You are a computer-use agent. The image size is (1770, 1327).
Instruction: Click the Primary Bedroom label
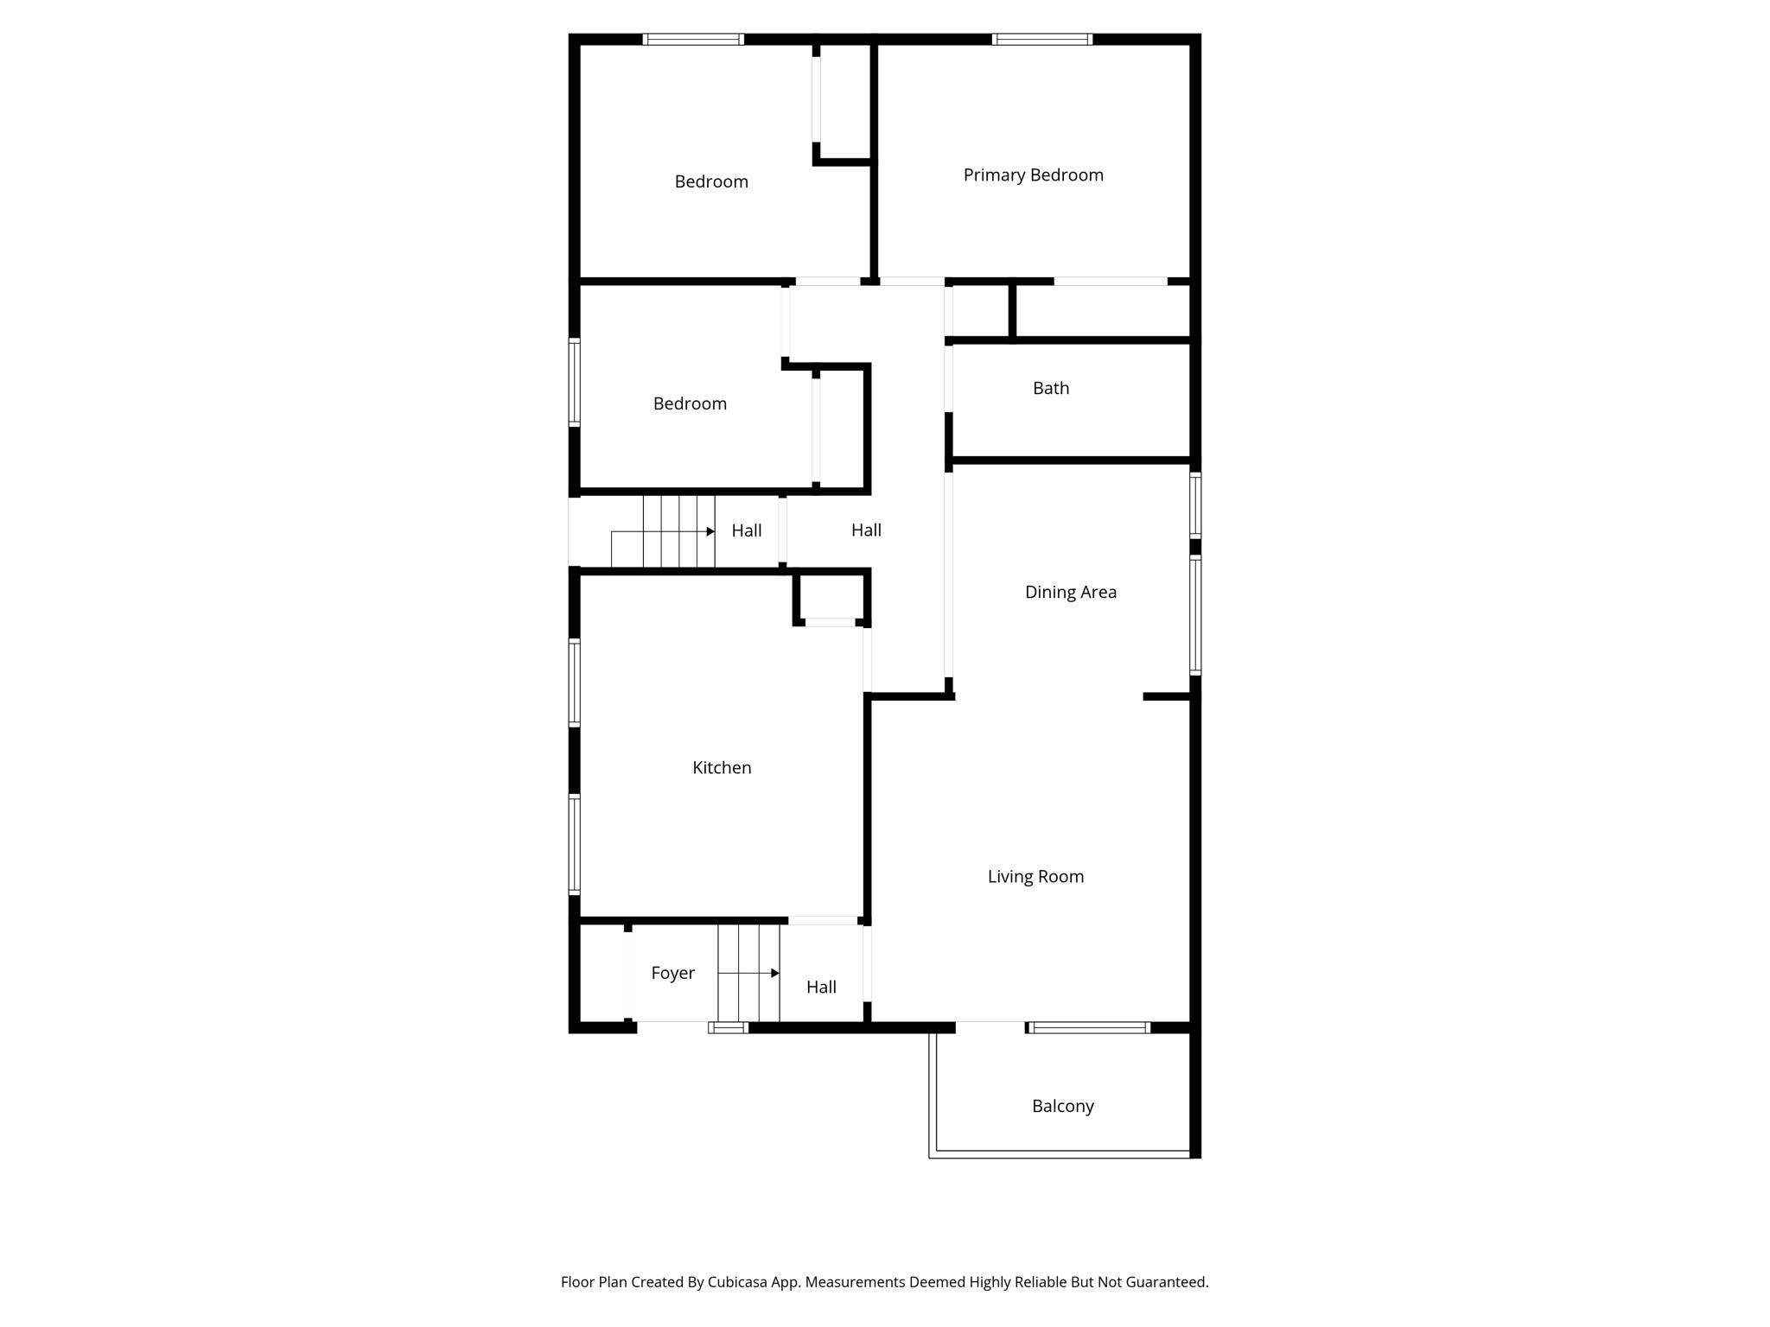pos(1033,175)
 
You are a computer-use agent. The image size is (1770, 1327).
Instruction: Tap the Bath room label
pos(1051,388)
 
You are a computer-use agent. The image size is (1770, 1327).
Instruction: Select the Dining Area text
pos(1071,593)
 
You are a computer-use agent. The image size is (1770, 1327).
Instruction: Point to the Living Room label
pos(1035,877)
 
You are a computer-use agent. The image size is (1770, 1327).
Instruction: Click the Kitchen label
pos(722,767)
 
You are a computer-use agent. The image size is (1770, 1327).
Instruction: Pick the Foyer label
pos(672,974)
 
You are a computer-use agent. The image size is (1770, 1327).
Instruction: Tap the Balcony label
pos(1063,1107)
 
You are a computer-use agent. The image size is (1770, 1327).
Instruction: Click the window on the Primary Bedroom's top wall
pos(1042,39)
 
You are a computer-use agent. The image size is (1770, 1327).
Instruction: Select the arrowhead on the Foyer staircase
pos(775,974)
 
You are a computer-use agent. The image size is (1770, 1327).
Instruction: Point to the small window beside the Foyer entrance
pos(729,1027)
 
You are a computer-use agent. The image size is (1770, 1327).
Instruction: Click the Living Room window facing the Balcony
pos(1088,1027)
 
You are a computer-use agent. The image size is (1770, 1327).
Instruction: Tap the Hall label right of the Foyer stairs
pos(821,987)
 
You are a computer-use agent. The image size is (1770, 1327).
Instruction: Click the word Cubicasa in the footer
pos(739,1282)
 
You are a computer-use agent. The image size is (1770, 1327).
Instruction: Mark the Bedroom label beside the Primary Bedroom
pos(711,181)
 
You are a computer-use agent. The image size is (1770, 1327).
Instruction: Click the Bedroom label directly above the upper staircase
pos(690,403)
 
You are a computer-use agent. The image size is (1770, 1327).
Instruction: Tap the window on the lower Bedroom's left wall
pos(574,382)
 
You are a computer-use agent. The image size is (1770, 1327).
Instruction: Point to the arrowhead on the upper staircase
pos(710,531)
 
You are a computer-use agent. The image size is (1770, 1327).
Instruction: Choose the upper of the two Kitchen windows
pos(574,683)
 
